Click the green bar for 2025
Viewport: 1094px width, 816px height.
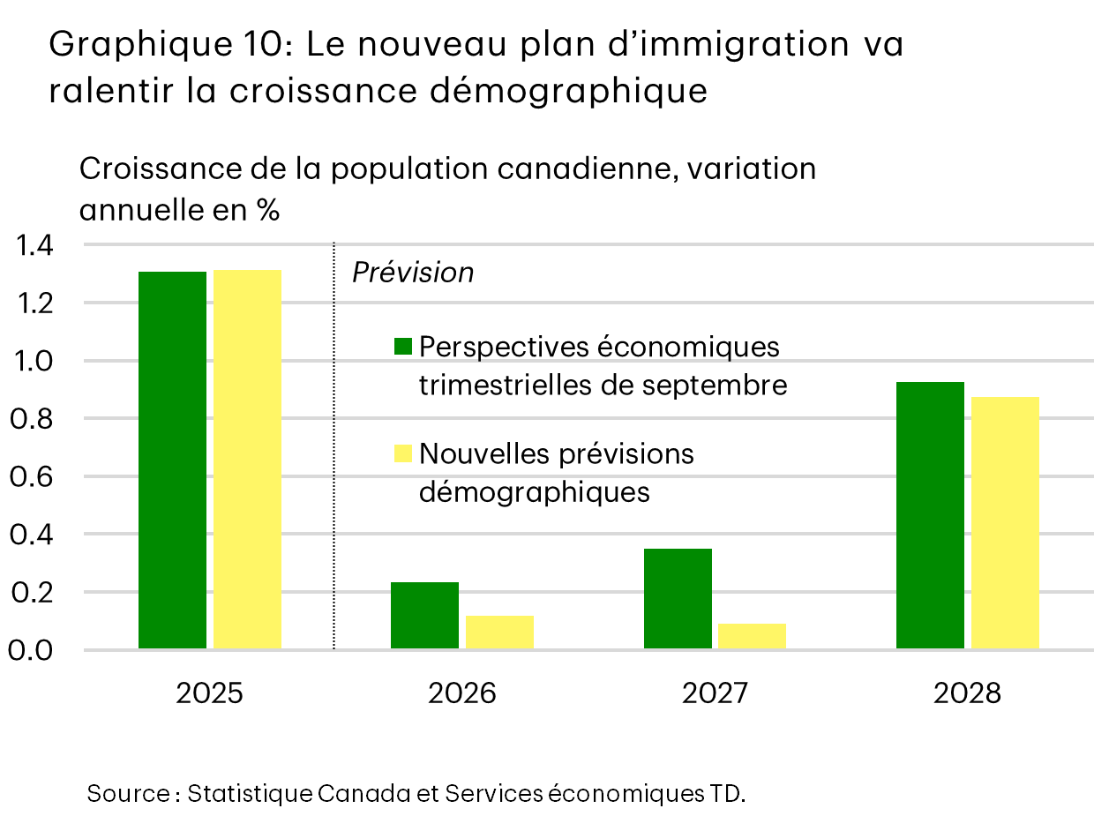click(173, 460)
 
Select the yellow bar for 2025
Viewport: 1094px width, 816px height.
click(247, 460)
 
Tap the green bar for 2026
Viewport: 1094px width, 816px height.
click(424, 616)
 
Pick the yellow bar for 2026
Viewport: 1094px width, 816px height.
click(499, 633)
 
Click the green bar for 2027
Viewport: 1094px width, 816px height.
click(678, 599)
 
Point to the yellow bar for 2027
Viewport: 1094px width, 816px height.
click(752, 636)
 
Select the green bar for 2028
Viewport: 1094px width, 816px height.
click(930, 515)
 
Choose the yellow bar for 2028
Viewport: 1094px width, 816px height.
click(1005, 523)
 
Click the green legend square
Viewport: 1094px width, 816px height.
click(403, 347)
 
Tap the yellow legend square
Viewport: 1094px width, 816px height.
click(403, 453)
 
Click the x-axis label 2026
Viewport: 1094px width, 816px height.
click(461, 693)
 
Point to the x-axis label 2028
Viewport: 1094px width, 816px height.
click(967, 693)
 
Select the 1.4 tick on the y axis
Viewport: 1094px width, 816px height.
click(34, 245)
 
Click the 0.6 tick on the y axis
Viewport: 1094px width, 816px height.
click(34, 476)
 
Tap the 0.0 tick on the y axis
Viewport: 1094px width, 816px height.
click(34, 650)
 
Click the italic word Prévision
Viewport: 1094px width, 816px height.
click(413, 273)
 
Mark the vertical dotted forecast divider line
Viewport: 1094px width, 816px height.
click(334, 441)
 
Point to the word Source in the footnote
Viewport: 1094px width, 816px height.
click(128, 793)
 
